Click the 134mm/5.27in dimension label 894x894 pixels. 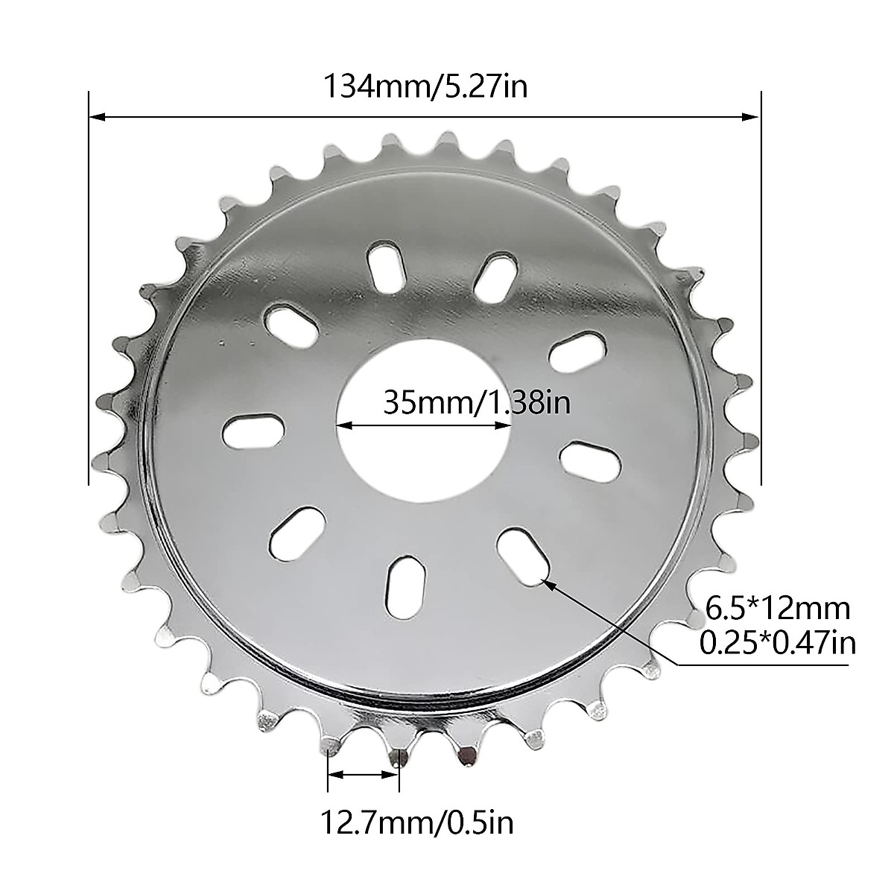(x=425, y=86)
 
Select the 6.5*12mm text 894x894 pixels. (x=778, y=609)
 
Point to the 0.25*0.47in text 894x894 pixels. (x=778, y=641)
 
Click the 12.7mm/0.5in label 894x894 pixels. (x=417, y=823)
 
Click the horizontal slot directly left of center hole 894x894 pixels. (x=253, y=432)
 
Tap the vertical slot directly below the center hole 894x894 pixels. (x=403, y=584)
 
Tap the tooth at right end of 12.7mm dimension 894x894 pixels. (x=400, y=754)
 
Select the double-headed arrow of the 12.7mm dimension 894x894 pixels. (x=364, y=775)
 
